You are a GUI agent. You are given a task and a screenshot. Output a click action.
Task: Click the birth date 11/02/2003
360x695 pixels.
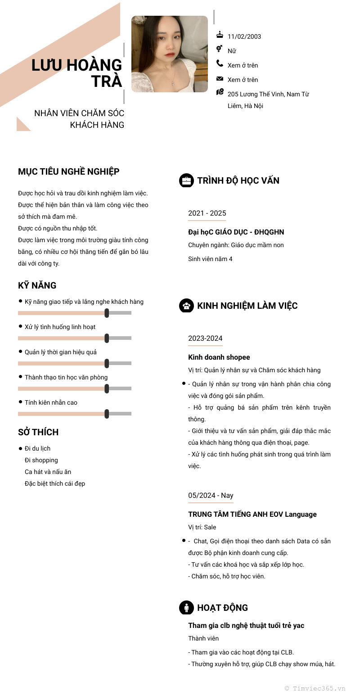pyautogui.click(x=244, y=36)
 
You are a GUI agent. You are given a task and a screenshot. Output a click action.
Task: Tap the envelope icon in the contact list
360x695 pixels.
pyautogui.click(x=220, y=79)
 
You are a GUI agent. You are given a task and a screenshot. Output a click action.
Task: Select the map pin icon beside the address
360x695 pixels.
pyautogui.click(x=220, y=92)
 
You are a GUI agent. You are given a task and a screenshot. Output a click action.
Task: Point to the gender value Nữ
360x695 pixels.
pyautogui.click(x=232, y=51)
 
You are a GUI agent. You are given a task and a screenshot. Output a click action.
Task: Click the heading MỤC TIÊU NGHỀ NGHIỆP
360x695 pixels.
pyautogui.click(x=68, y=171)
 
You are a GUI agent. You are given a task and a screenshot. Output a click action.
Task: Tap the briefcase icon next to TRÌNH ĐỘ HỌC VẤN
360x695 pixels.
pyautogui.click(x=186, y=181)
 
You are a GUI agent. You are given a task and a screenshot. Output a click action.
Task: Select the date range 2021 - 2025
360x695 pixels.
pyautogui.click(x=207, y=213)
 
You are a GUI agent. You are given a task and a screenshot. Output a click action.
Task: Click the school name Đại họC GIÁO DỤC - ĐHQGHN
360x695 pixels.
pyautogui.click(x=236, y=232)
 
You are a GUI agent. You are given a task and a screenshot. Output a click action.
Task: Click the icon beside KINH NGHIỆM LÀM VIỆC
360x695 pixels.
pyautogui.click(x=186, y=306)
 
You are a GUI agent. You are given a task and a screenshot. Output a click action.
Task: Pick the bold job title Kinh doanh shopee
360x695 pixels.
pyautogui.click(x=219, y=357)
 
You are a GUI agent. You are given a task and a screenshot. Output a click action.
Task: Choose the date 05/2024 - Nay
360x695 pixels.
pyautogui.click(x=211, y=495)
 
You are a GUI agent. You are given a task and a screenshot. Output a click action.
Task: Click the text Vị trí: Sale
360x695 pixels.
pyautogui.click(x=202, y=527)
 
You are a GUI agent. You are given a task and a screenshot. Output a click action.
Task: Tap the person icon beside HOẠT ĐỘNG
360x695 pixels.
pyautogui.click(x=186, y=608)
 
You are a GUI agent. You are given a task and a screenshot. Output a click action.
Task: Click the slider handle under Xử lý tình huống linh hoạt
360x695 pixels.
pyautogui.click(x=107, y=338)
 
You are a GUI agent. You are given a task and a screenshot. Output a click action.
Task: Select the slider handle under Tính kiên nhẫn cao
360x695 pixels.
pyautogui.click(x=107, y=414)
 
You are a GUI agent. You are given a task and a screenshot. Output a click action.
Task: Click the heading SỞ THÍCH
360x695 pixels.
pyautogui.click(x=38, y=432)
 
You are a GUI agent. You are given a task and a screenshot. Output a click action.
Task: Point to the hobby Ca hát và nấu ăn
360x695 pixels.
pyautogui.click(x=48, y=472)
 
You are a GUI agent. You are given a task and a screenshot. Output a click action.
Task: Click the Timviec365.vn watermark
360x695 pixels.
pyautogui.click(x=315, y=688)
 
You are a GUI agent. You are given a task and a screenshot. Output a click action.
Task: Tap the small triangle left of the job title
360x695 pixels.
pyautogui.click(x=22, y=125)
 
